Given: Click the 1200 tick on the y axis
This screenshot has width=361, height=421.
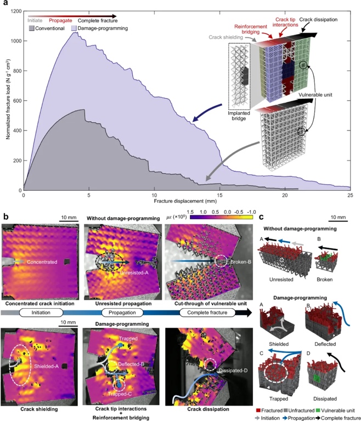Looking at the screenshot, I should [14, 12].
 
